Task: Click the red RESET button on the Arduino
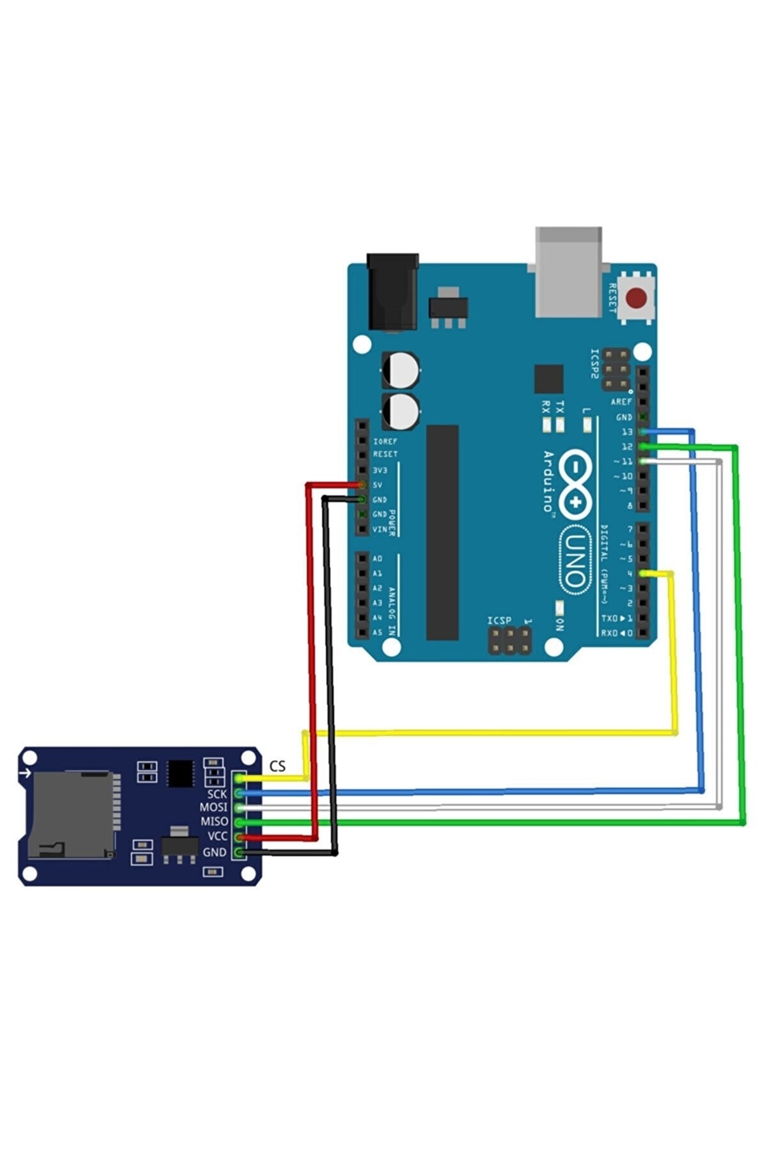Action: tap(636, 298)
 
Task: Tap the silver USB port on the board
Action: tap(568, 272)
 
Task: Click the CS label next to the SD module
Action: tap(277, 766)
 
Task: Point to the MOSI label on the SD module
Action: tap(213, 808)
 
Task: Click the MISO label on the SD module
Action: tap(214, 822)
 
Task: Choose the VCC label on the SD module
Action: tap(217, 836)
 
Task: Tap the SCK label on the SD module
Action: tap(217, 794)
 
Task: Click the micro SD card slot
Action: tap(70, 815)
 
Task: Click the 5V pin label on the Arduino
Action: tap(378, 485)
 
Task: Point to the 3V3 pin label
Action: tap(380, 470)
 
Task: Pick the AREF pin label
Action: tap(621, 402)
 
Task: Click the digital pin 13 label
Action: tap(627, 432)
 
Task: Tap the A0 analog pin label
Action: tap(377, 559)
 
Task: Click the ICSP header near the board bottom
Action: tap(509, 640)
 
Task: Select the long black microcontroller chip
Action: tap(442, 532)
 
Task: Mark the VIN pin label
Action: tap(380, 529)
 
